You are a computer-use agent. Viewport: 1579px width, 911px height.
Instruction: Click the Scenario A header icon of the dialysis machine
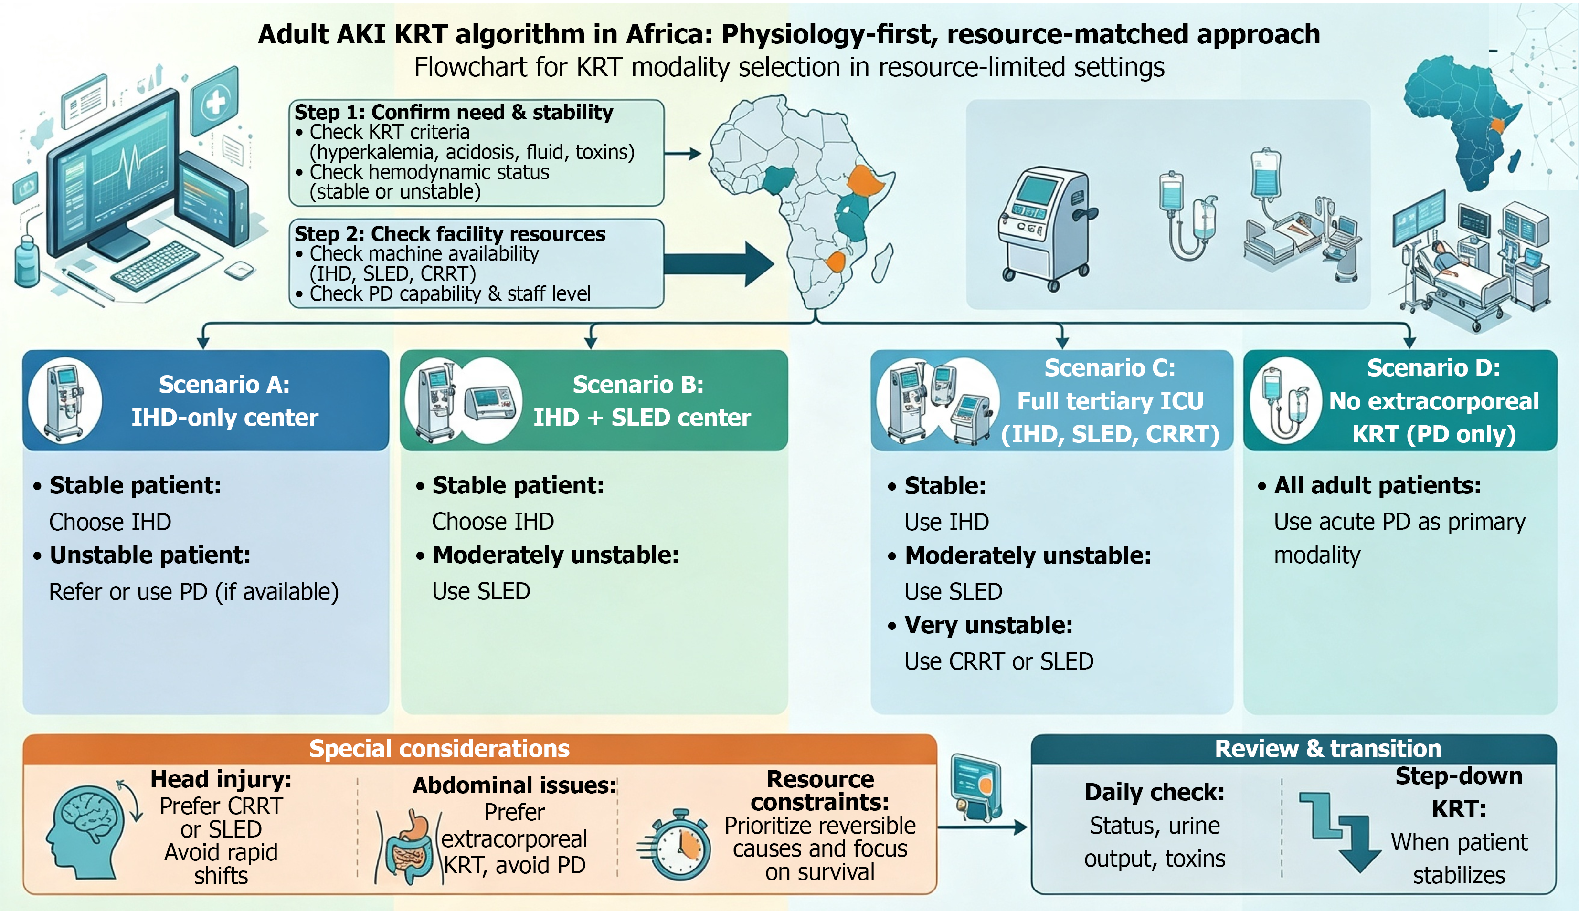(65, 400)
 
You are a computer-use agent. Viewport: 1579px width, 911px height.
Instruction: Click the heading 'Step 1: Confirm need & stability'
(454, 112)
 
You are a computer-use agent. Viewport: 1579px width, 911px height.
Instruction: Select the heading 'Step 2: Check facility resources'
(450, 233)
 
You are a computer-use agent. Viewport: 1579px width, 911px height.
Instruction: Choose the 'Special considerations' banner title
(439, 748)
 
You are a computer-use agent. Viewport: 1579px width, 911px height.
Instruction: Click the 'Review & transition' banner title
(1328, 748)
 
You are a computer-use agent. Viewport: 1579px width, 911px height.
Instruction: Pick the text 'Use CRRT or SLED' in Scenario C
(999, 661)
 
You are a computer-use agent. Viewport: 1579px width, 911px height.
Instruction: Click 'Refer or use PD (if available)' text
(194, 592)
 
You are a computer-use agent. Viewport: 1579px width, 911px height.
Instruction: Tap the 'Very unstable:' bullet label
(988, 625)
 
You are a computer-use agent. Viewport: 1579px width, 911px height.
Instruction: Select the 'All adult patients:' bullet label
(1378, 485)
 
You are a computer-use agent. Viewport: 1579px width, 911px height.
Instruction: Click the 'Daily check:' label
(1155, 792)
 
